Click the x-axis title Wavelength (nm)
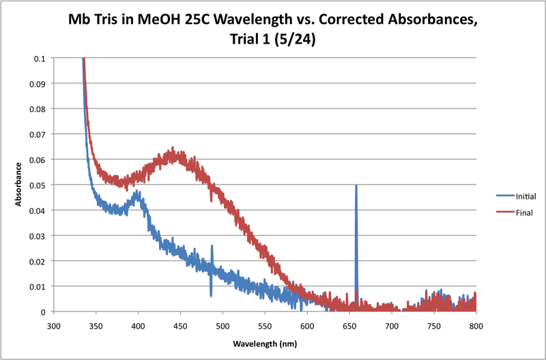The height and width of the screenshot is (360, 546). (265, 342)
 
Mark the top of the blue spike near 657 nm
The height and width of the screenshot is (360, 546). (356, 186)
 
